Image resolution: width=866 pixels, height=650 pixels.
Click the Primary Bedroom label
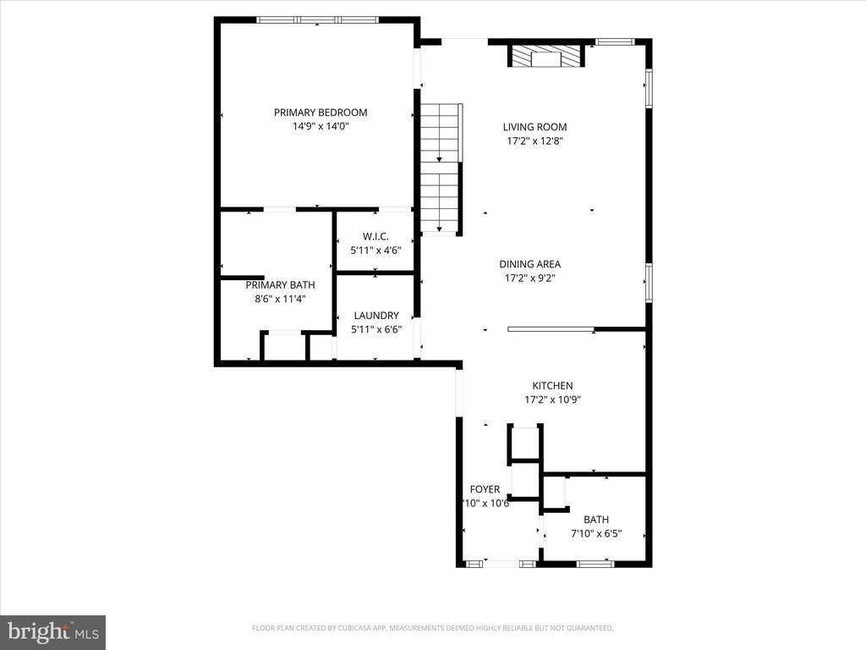click(x=320, y=113)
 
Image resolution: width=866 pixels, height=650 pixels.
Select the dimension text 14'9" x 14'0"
click(x=320, y=126)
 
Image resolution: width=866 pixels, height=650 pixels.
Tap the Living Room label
click(x=534, y=128)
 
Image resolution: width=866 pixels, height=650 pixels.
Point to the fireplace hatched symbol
click(x=545, y=57)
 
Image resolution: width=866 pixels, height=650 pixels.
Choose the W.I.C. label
click(x=375, y=237)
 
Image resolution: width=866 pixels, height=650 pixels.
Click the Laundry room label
click(x=376, y=316)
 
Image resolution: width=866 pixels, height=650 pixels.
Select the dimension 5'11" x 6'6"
click(x=376, y=329)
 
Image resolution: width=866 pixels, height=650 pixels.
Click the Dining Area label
click(x=529, y=264)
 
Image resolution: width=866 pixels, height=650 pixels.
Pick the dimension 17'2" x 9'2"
click(x=529, y=278)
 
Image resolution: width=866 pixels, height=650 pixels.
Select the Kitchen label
click(x=552, y=386)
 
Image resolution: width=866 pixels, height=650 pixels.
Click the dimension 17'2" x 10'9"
click(x=552, y=399)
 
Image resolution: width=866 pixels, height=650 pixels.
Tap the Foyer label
click(x=485, y=489)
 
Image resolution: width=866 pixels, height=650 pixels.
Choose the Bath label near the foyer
click(x=595, y=520)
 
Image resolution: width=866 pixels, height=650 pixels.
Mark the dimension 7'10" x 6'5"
click(x=595, y=533)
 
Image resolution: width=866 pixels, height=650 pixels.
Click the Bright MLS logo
click(x=52, y=631)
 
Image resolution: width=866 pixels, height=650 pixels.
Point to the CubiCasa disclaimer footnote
click(x=432, y=628)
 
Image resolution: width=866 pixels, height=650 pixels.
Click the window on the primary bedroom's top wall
click(x=317, y=19)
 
